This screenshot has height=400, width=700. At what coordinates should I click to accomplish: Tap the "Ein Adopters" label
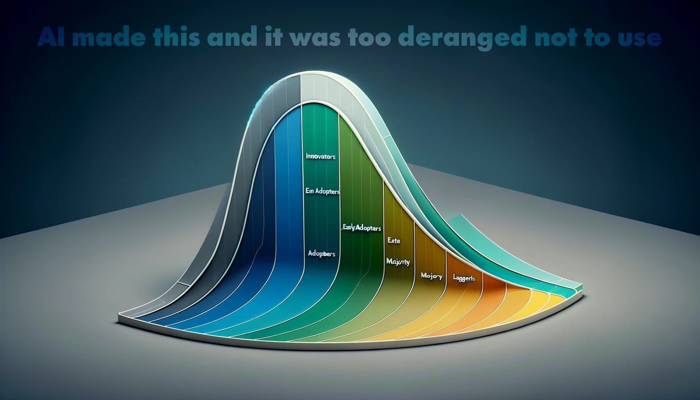point(321,192)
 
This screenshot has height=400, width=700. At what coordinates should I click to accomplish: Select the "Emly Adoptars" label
point(361,227)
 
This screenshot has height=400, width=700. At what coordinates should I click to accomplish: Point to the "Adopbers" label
point(321,254)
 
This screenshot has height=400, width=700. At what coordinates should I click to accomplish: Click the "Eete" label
point(394,241)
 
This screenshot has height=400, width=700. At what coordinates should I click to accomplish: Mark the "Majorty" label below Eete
point(398,262)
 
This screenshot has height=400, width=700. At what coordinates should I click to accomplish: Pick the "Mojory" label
point(432,276)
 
